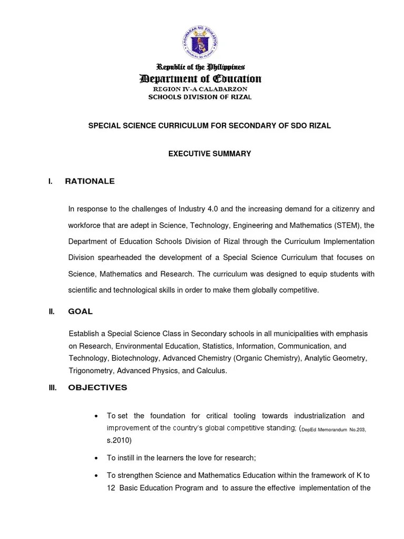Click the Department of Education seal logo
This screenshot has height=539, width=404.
[x=200, y=41]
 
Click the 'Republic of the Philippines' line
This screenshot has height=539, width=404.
[x=200, y=67]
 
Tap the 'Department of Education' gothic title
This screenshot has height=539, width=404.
[x=200, y=79]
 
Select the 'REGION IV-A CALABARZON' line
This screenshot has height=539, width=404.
[x=200, y=89]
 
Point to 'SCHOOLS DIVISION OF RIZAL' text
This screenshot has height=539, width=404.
[x=200, y=97]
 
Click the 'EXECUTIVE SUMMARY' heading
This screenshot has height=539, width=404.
[x=209, y=154]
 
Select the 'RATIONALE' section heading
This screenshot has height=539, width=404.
[x=89, y=181]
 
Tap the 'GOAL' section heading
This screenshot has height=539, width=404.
[x=80, y=311]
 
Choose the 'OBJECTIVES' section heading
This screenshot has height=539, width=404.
[x=97, y=387]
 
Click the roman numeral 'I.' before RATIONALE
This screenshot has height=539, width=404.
[x=50, y=182]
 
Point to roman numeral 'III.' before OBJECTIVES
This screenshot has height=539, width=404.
[x=52, y=388]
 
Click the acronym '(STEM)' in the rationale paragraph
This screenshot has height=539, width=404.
[x=347, y=225]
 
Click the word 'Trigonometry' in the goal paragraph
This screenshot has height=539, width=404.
[x=90, y=371]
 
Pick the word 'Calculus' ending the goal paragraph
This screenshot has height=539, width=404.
[x=211, y=371]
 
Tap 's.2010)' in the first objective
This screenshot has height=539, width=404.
[x=119, y=440]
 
